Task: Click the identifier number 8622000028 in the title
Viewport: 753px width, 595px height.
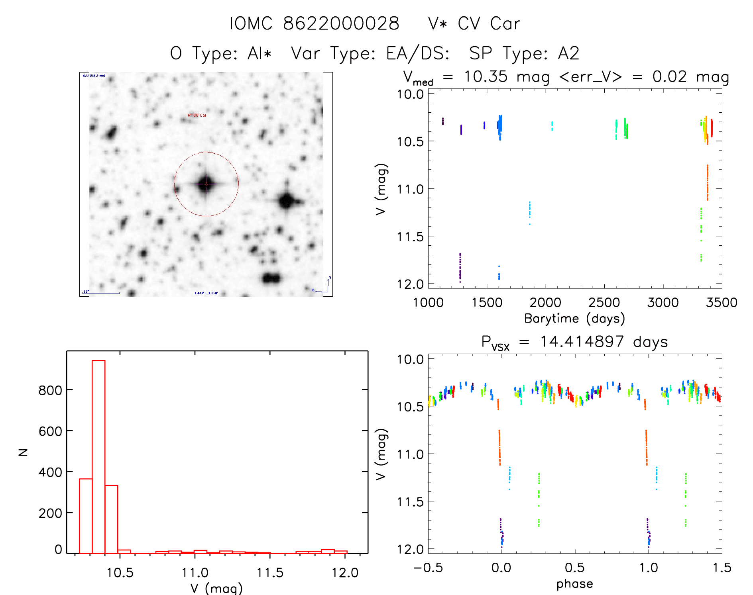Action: coord(341,24)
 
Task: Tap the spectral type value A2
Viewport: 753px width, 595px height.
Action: coord(568,53)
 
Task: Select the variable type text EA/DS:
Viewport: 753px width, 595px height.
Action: coord(418,53)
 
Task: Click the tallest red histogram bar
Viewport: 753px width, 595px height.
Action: coord(98,456)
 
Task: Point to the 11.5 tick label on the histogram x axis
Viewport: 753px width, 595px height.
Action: coord(270,573)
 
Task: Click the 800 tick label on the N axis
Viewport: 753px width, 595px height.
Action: coord(50,390)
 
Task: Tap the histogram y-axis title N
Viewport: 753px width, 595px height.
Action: coord(24,452)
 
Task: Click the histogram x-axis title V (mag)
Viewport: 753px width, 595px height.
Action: coord(216,588)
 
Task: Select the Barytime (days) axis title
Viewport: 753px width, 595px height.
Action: coord(574,319)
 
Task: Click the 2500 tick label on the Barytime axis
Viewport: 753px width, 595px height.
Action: coord(604,302)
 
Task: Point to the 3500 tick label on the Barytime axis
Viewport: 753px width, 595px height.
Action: coord(721,302)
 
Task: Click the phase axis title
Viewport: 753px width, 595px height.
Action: coord(574,584)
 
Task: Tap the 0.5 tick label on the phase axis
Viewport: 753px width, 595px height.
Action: coord(574,568)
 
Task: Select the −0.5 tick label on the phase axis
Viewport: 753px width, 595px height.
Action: coord(428,568)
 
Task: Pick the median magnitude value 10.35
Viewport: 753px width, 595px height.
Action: coord(486,76)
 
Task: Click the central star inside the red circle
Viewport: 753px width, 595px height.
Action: coord(206,184)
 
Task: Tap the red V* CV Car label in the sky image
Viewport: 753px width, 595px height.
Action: coord(197,115)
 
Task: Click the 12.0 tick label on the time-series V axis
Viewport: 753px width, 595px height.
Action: coord(410,284)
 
